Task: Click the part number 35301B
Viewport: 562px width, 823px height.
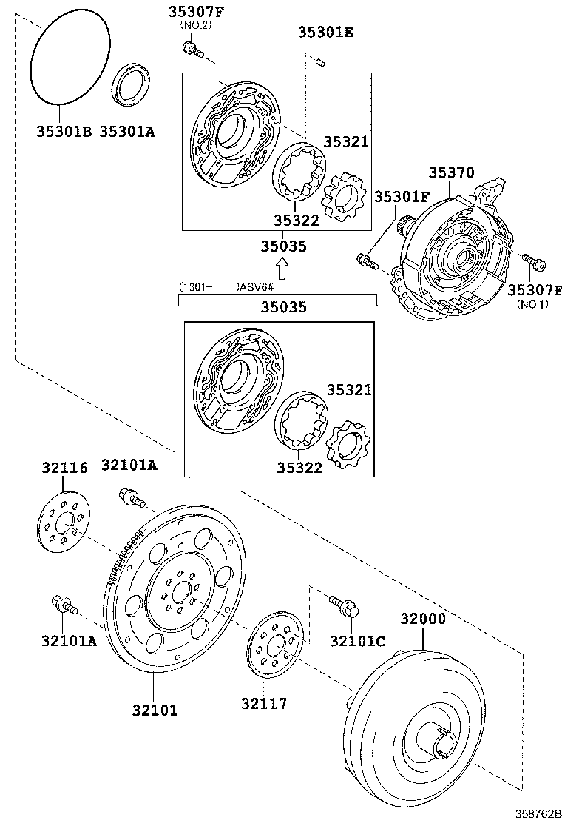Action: point(64,132)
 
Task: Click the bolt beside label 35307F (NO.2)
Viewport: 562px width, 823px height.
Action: point(191,50)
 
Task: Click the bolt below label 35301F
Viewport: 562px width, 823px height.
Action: point(367,261)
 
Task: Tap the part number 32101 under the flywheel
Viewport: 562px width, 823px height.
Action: point(155,710)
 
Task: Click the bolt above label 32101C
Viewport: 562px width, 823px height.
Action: point(342,605)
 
